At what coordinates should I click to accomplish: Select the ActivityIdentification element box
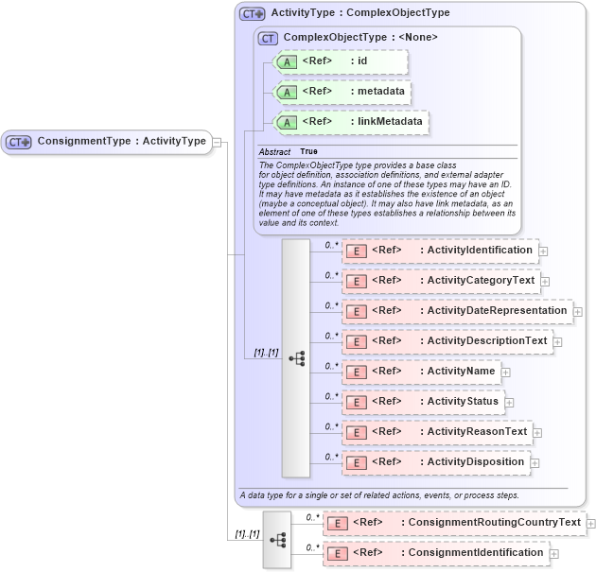439,251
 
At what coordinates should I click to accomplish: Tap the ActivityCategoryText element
440,281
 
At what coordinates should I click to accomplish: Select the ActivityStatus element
422,402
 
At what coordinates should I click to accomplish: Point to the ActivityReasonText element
436,432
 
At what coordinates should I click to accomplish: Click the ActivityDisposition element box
434,462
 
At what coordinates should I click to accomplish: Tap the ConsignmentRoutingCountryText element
454,523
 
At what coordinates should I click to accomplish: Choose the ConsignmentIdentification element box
435,553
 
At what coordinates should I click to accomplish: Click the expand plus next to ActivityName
506,373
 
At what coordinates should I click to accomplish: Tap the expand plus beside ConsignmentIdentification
554,554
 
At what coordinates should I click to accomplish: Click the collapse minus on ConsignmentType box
218,142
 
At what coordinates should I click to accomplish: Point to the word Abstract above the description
274,151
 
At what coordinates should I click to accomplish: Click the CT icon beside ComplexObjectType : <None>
269,38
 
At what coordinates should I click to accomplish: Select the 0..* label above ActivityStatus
331,395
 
